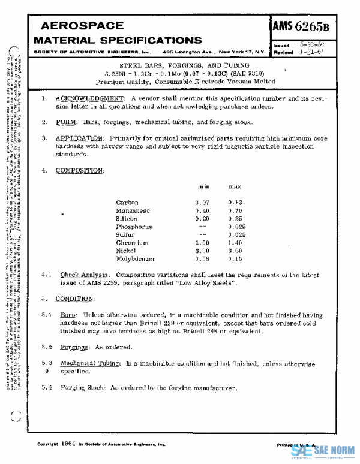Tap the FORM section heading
point(67,122)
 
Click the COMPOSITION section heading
point(79,170)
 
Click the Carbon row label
point(127,203)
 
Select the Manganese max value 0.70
point(235,211)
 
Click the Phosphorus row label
point(134,227)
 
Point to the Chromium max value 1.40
point(235,242)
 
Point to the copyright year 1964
point(68,444)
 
